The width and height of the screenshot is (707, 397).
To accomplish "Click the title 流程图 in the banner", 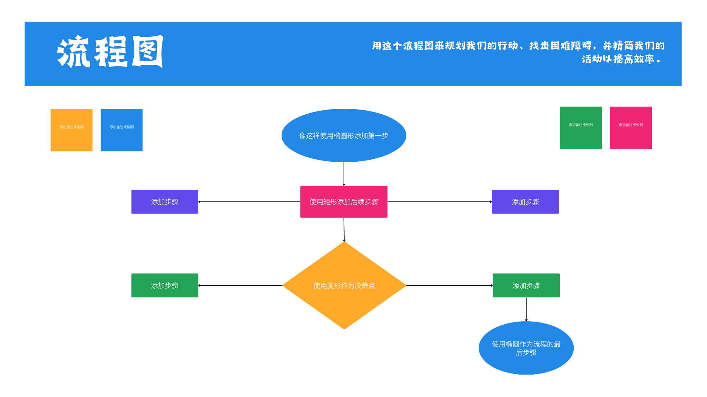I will click(110, 52).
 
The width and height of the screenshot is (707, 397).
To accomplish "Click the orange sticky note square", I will click(71, 130).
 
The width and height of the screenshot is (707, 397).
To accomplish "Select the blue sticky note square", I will click(122, 130).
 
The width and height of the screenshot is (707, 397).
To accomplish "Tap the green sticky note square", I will click(580, 128).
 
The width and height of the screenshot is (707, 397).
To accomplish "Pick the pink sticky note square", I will click(630, 128).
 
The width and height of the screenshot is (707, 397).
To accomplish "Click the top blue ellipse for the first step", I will click(344, 135).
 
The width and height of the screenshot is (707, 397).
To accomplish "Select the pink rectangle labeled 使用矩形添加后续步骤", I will click(344, 202).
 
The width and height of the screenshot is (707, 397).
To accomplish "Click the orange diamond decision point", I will click(344, 285).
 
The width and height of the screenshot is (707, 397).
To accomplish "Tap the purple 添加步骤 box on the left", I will click(165, 202).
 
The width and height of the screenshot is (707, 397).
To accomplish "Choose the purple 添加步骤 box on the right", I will click(525, 202).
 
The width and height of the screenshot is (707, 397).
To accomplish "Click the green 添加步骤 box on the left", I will click(165, 285).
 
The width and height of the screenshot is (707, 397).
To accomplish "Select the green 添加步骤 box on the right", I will click(526, 285).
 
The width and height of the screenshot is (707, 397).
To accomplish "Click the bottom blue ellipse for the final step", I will click(526, 348).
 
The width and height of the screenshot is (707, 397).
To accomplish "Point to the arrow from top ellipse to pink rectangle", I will click(344, 174).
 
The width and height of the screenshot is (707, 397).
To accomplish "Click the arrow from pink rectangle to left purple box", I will click(249, 202).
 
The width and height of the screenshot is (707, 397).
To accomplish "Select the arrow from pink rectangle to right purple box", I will click(440, 202).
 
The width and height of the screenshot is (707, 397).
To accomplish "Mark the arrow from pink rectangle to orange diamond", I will click(344, 230).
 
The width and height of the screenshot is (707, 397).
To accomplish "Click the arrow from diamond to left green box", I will click(240, 285).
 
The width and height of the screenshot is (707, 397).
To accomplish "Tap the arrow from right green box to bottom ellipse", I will click(526, 309).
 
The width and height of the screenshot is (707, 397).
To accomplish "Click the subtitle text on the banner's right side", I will click(518, 52).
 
